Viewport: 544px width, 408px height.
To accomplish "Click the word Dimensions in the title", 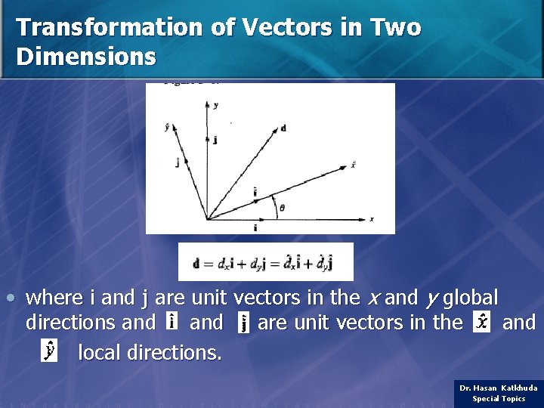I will click(x=86, y=57).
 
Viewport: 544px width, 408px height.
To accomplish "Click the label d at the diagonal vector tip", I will click(x=283, y=128).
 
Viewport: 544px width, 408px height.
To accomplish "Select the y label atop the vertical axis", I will click(x=216, y=105).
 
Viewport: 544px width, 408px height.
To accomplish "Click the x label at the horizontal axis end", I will click(x=372, y=219).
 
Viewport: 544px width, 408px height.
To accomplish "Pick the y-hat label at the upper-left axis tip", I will click(x=167, y=127).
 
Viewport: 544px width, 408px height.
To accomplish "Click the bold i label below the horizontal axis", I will click(x=255, y=227).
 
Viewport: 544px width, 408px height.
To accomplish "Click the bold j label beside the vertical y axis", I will click(x=215, y=140).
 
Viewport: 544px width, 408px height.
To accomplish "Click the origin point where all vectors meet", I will click(x=207, y=219).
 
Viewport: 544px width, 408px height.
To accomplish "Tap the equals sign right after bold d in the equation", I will click(x=209, y=264).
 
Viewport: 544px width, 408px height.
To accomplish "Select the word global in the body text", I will click(x=471, y=298).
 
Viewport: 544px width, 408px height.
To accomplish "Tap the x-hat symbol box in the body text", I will click(x=481, y=323).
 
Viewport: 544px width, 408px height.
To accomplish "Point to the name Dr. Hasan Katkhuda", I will click(x=499, y=388).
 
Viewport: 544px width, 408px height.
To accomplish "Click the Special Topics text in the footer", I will click(x=499, y=399).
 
